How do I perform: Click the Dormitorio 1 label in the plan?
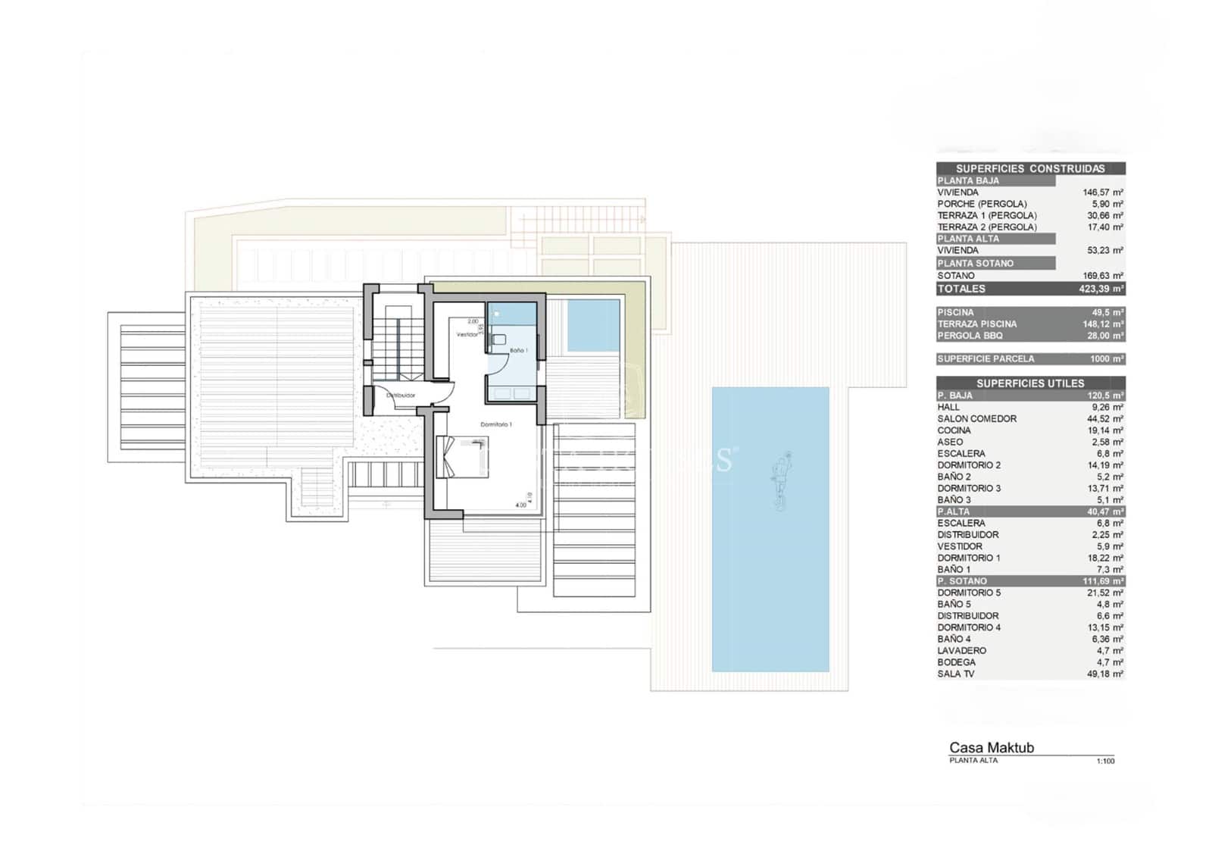[496, 424]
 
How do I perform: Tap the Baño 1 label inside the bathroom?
[519, 350]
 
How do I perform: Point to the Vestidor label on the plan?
[467, 334]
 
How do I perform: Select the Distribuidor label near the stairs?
[401, 396]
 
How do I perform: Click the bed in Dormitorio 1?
[461, 456]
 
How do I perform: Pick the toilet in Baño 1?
[498, 341]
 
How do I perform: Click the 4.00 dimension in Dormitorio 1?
[520, 505]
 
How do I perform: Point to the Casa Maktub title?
[991, 748]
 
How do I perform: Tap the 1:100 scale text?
[1105, 761]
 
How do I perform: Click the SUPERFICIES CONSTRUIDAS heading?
[1029, 169]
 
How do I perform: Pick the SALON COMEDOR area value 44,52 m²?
[1104, 419]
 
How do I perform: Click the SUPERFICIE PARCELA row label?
[985, 359]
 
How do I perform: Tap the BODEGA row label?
[956, 662]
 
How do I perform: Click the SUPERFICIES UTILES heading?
[1029, 383]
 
